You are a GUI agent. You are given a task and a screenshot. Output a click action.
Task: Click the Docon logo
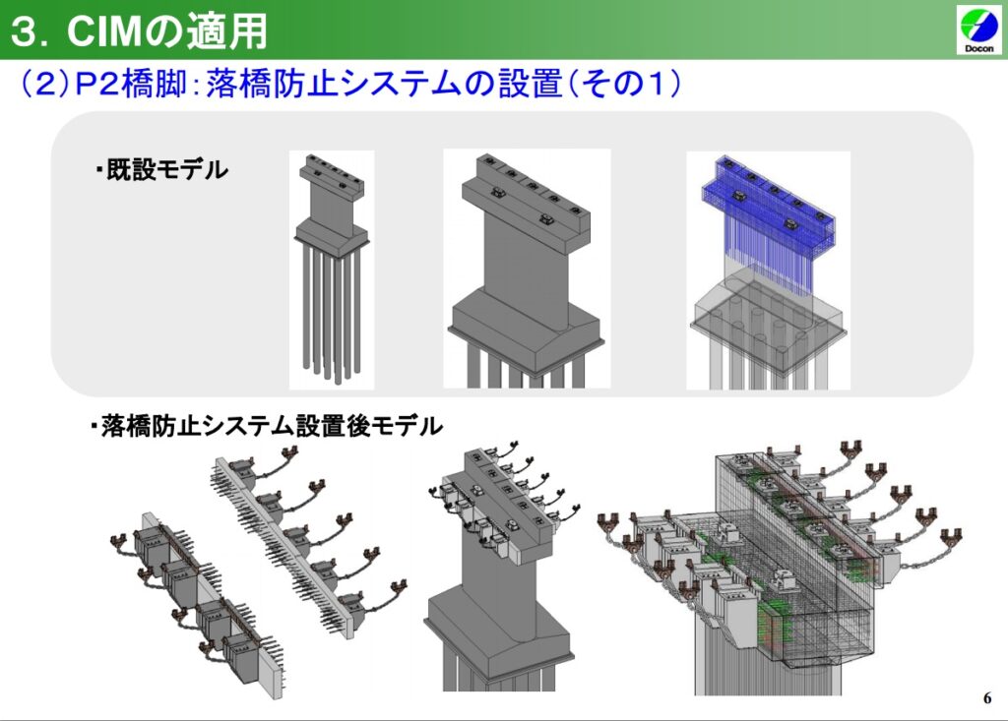tap(978, 29)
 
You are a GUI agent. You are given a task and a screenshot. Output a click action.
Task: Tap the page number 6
tap(986, 697)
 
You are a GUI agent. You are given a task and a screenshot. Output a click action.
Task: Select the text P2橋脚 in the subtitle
tap(131, 85)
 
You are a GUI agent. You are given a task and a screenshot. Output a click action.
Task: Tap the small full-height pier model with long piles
tap(332, 270)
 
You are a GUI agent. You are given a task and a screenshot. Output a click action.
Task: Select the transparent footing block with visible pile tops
tap(768, 322)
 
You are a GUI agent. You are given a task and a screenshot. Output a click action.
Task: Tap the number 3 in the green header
tap(25, 31)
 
